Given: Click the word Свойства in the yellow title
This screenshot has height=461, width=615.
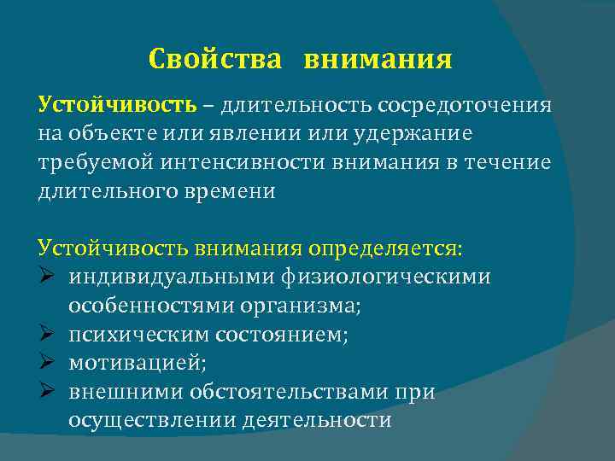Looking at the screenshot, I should pos(214,60).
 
